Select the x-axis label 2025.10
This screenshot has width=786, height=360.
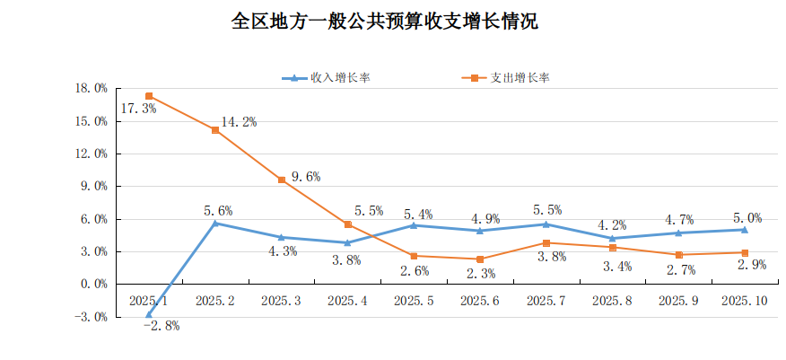744,300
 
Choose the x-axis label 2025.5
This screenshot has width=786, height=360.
414,300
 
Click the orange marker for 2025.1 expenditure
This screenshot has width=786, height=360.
149,96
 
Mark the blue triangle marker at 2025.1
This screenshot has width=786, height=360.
149,314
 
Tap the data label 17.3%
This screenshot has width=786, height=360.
137,109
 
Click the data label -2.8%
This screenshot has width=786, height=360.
162,326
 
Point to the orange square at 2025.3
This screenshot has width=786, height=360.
282,180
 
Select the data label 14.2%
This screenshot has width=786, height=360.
239,122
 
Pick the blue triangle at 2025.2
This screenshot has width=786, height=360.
215,223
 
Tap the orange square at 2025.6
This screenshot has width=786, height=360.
480,259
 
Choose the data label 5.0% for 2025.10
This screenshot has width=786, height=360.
747,217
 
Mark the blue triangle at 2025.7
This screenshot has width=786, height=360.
546,224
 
